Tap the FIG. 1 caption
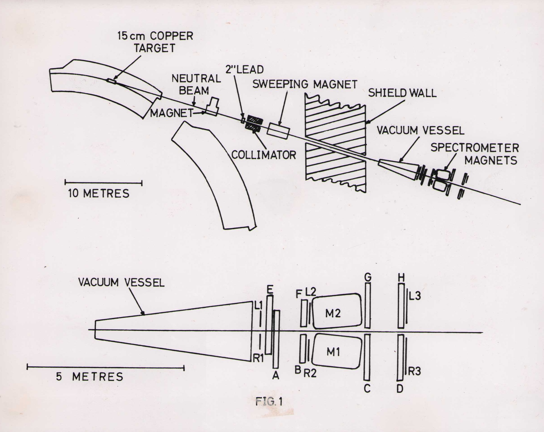(269, 401)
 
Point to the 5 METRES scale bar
(105, 368)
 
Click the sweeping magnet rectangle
(279, 131)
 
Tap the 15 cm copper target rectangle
(111, 81)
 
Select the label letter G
(368, 278)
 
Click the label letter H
(401, 278)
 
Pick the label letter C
(367, 388)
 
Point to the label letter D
(400, 389)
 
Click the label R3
(415, 371)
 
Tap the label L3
(415, 296)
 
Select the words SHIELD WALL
(402, 93)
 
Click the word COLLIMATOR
(264, 155)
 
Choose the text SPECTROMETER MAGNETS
(475, 154)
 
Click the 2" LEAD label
(245, 69)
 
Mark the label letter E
(270, 290)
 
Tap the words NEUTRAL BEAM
(196, 84)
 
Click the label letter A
(276, 376)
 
